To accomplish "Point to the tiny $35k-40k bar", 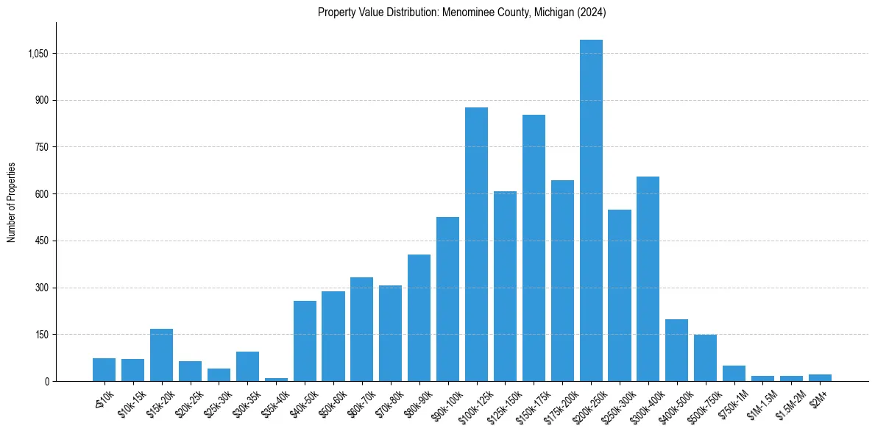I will tap(276, 380).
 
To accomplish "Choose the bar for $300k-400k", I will tap(648, 279).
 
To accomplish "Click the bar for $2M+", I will tap(820, 378).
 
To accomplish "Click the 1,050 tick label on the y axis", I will tap(37, 54).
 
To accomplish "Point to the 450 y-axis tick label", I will tap(41, 241).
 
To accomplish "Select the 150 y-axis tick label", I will tap(41, 335).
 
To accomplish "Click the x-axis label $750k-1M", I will tap(732, 402).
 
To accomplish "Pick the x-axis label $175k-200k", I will tap(561, 405).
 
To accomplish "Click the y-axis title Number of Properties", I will tap(11, 202).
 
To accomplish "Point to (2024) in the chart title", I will tap(591, 13).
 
